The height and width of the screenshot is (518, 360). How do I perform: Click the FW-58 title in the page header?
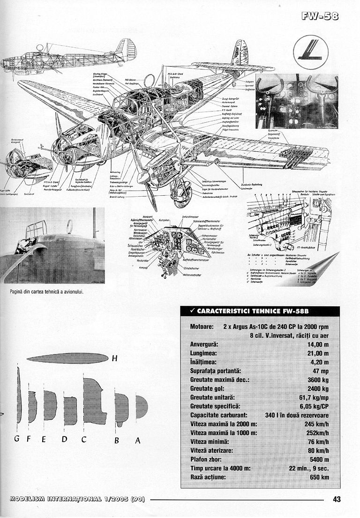(322, 17)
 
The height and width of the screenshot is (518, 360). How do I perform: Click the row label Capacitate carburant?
(219, 415)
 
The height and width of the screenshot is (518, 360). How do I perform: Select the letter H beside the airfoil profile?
(114, 359)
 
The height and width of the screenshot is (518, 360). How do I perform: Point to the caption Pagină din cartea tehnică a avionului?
(46, 292)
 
